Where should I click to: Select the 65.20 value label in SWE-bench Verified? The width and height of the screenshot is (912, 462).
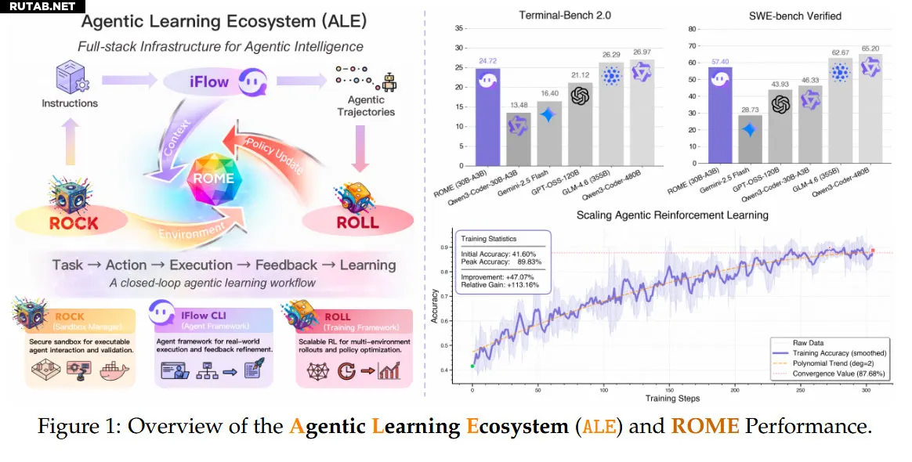pyautogui.click(x=870, y=48)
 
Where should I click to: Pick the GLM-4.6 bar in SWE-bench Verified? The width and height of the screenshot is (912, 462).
pyautogui.click(x=840, y=110)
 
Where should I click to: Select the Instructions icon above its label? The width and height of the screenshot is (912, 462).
pyautogui.click(x=69, y=78)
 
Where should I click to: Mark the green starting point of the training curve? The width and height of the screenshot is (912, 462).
pyautogui.click(x=472, y=366)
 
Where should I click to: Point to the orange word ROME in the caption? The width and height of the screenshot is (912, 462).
pyautogui.click(x=704, y=427)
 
